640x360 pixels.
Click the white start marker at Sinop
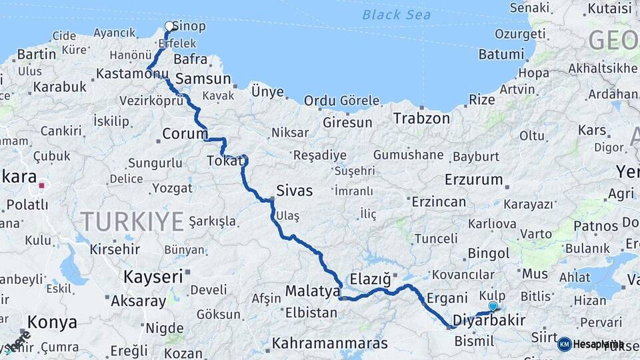pos(169,27)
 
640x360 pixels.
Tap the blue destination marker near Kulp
pos(493,306)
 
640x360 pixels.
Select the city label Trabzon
pos(421,118)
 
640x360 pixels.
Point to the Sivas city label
pos(294,191)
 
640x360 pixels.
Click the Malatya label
pos(313,291)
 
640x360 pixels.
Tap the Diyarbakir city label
pos(489,320)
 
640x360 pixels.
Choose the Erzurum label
pos(473,179)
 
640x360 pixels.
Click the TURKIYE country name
pos(132,221)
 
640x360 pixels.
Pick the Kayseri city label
pos(153,276)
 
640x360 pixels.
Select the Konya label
pos(52,323)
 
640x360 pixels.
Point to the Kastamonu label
pos(129,73)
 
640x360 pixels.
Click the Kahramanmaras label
pos(330,344)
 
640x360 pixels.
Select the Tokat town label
pos(221,161)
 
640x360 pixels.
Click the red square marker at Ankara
pos(41,186)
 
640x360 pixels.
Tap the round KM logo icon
pos(564,344)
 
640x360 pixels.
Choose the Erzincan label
pos(438,201)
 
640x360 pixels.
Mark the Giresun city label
pos(347,123)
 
